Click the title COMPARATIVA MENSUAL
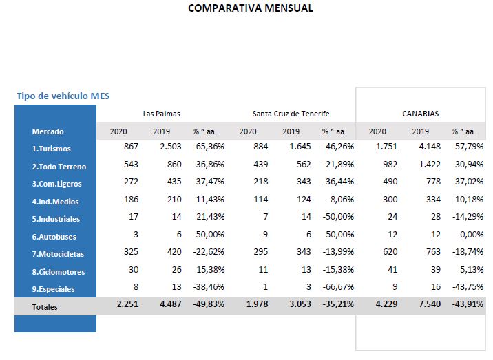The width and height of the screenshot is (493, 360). coord(250,8)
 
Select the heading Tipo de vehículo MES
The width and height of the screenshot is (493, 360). coord(63,96)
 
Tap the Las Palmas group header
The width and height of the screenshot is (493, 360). coord(161,114)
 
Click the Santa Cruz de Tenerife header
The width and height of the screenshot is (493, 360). coord(291,114)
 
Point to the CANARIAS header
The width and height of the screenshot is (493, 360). coord(421,114)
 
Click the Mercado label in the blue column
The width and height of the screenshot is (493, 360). coord(48,131)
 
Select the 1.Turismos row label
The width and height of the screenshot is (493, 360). coord(51,149)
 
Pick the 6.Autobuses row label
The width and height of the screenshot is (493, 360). coord(54,237)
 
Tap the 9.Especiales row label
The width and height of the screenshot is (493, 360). coord(53,289)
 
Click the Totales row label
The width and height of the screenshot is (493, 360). coord(45,307)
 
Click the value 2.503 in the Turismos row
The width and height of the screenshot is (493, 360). coord(171,147)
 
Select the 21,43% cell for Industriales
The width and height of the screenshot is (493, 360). coord(210,217)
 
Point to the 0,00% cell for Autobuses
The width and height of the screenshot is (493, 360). coord(472,235)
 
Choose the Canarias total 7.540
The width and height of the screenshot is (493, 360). coord(430,304)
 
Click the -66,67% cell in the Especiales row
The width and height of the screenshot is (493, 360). coord(338,287)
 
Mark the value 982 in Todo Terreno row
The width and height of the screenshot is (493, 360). coord(390,164)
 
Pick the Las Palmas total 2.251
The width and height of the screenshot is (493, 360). coord(127,304)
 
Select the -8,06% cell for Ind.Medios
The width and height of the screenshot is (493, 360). coord(341,200)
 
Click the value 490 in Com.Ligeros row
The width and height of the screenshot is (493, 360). coord(390,182)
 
